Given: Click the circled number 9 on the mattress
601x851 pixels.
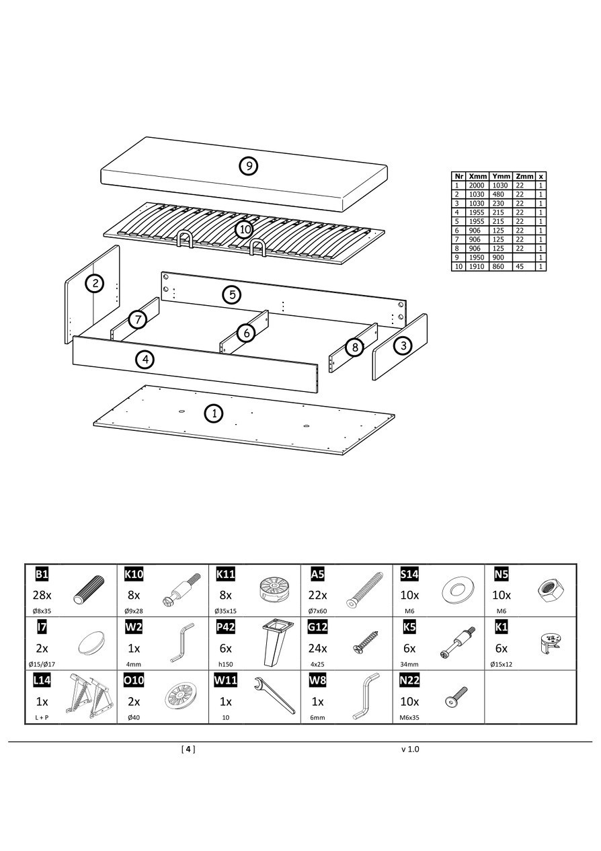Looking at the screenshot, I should point(249,165).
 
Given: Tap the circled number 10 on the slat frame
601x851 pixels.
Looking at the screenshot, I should point(244,230).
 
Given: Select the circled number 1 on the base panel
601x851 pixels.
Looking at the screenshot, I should point(214,413).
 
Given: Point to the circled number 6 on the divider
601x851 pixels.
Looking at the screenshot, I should point(246,332).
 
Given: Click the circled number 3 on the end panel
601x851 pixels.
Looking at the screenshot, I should point(403,346).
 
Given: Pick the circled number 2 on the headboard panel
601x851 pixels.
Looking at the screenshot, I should point(95,283).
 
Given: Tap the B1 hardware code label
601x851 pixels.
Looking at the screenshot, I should point(42,574).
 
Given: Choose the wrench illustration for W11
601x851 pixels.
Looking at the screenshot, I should point(274,696).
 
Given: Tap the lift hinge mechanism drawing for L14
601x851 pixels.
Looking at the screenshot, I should point(88,696).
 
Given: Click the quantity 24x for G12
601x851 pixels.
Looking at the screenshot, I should point(317,649).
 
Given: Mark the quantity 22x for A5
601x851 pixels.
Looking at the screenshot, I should point(317,595).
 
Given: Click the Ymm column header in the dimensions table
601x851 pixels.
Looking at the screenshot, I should point(501,176).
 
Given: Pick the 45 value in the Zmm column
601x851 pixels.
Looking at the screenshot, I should point(520,267).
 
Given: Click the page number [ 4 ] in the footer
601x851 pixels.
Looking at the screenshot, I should point(188,749).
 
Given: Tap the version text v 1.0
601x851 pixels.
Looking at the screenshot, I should point(410,749).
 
